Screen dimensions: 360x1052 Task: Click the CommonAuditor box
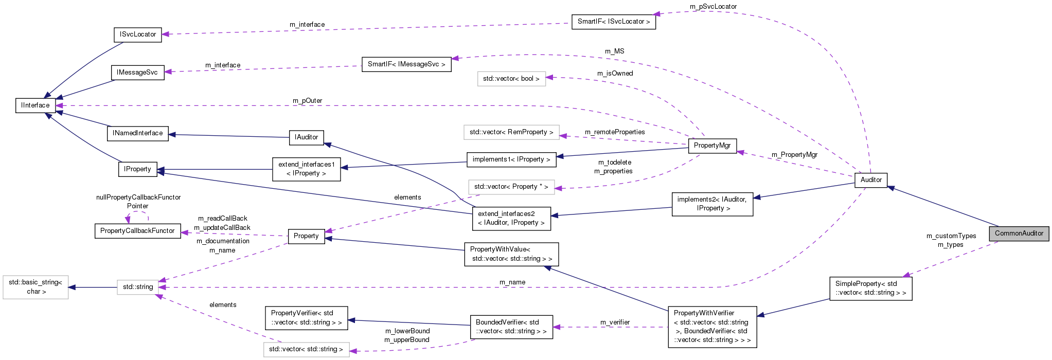1019,233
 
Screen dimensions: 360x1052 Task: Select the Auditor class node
870,179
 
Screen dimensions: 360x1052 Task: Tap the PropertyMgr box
712,146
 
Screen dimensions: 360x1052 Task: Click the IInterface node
35,105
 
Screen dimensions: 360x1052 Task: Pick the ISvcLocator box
137,34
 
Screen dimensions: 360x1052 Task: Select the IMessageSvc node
137,73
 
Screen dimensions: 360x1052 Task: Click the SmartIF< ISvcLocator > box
613,22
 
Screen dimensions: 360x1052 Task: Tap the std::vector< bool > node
511,79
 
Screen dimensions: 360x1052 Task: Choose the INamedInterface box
137,133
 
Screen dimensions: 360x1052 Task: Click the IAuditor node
306,137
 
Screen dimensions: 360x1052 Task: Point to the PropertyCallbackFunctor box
137,231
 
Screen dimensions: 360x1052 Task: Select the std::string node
137,287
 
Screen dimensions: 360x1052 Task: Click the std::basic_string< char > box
35,287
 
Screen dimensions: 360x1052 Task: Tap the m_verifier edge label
615,322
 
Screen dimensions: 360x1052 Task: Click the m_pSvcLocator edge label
713,7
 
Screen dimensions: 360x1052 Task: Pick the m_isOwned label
615,74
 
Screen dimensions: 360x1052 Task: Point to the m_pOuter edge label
307,101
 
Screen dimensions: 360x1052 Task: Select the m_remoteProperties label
615,132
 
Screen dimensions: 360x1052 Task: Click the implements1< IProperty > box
511,159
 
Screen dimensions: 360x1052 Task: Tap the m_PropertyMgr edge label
794,155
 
